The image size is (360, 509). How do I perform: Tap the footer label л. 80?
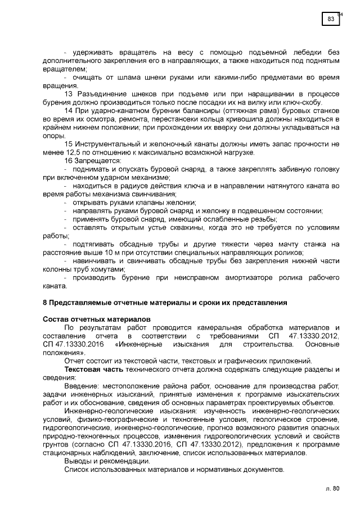[332, 488]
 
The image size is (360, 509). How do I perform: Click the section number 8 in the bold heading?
[45, 303]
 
